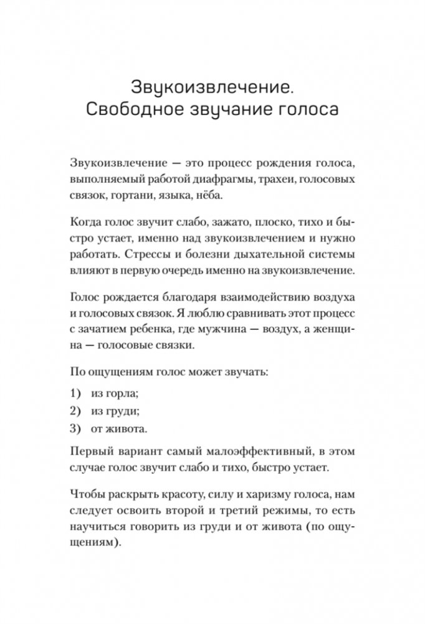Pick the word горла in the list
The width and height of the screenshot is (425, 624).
click(x=122, y=394)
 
